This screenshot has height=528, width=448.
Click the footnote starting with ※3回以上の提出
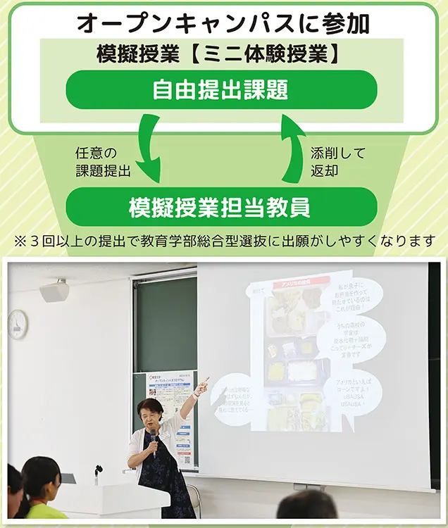224,241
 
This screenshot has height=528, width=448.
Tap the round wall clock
18,323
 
